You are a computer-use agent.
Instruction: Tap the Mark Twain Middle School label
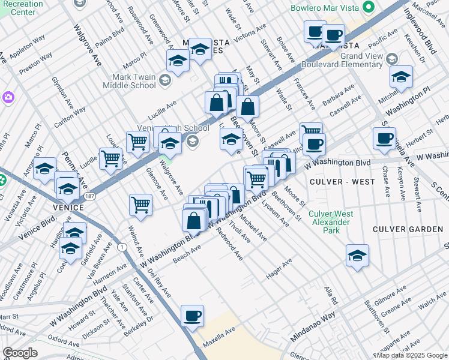point(134,81)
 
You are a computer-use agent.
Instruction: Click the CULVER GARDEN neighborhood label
point(406,229)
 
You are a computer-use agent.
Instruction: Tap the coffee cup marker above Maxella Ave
point(192,316)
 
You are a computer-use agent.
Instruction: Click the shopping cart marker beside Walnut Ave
point(140,204)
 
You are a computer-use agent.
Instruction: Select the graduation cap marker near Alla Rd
point(357,255)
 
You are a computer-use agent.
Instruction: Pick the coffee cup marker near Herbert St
point(384,137)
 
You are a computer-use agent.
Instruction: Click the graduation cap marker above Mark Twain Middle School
point(178,61)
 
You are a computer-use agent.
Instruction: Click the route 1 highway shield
point(122,247)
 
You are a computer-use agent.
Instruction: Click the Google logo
point(20,353)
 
